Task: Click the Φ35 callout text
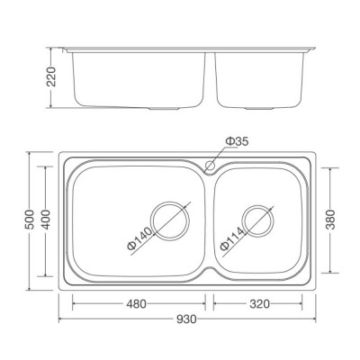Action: pyautogui.click(x=238, y=139)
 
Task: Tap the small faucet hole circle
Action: pyautogui.click(x=210, y=166)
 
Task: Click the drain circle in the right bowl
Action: pyautogui.click(x=257, y=219)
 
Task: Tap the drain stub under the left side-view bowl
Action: pyautogui.click(x=166, y=107)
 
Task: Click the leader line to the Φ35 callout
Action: pyautogui.click(x=220, y=153)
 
